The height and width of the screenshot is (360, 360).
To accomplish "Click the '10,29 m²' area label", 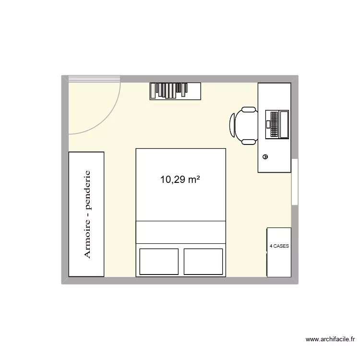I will coord(180,180).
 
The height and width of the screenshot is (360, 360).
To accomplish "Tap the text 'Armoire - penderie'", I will coord(87,214).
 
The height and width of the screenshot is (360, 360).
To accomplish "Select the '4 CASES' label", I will coord(279,246).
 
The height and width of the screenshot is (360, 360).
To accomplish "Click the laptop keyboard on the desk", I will coord(274,124).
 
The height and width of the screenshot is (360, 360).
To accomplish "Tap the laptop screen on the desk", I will coord(284,124).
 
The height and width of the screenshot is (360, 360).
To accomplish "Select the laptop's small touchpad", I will coord(267,124).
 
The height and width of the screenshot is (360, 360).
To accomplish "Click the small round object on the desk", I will coord(265,156).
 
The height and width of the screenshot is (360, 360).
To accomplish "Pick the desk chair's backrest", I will coord(233,125).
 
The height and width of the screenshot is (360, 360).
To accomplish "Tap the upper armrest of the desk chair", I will coord(249,110).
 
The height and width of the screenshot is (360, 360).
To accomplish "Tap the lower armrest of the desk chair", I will coord(249,141).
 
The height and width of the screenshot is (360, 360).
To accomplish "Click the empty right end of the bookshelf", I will coord(193,91).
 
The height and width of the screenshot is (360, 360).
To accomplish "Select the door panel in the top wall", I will coord(94,78).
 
